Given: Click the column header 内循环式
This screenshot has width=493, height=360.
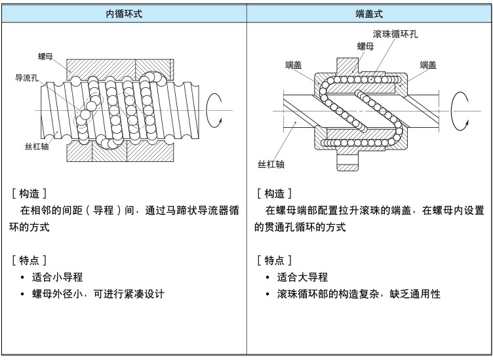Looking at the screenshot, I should click(123, 14).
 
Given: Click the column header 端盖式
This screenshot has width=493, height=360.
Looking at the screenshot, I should click(369, 14).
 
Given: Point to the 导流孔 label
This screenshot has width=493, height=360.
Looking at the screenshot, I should click(26, 77).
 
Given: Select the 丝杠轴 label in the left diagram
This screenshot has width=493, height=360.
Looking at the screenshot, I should click(37, 146).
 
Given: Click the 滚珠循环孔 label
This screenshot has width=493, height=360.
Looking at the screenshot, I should click(395, 33).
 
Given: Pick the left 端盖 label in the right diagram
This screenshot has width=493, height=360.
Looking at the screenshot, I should click(293, 64).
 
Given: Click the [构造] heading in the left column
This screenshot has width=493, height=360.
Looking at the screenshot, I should click(28, 193).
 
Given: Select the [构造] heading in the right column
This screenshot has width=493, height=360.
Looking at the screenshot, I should click(274, 193).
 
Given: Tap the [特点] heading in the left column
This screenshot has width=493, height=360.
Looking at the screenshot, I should click(28, 260).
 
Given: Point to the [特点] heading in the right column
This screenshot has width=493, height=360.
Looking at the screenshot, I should click(274, 260).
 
